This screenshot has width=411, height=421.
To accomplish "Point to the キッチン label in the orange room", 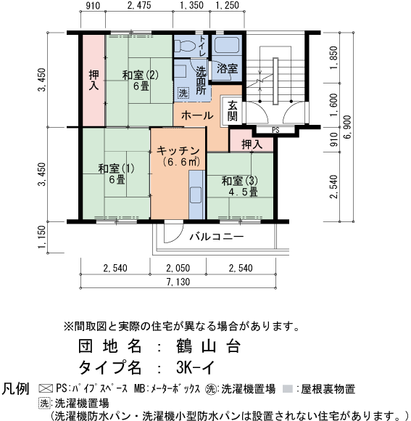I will [178, 150].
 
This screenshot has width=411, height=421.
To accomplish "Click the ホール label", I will [196, 115].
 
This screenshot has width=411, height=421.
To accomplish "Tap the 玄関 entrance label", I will [233, 111].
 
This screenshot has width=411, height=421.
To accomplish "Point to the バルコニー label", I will [216, 237].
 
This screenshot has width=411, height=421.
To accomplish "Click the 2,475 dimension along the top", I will [138, 7].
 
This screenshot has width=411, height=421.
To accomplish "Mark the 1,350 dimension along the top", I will [191, 7].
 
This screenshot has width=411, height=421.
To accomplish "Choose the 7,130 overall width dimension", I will [178, 282].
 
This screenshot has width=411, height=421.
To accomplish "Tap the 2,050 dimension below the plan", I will [178, 269].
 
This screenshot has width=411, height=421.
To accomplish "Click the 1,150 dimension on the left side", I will [41, 237].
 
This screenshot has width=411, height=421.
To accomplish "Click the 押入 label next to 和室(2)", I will [94, 80].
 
